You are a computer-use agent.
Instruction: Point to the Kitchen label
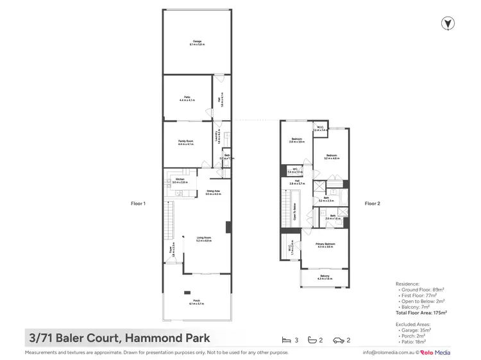coord(180,181)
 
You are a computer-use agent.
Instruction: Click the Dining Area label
coord(213,192)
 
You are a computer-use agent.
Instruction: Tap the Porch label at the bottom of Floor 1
coord(196,301)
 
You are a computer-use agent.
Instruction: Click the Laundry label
coord(218,137)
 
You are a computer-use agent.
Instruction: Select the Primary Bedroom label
coord(325,245)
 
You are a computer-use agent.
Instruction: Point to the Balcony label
coord(325,277)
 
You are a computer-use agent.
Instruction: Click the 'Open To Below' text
coord(294,212)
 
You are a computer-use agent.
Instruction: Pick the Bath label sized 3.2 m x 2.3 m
coord(326,200)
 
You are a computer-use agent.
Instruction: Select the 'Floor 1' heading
coord(139,203)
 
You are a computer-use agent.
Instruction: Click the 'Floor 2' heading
coord(373,203)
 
